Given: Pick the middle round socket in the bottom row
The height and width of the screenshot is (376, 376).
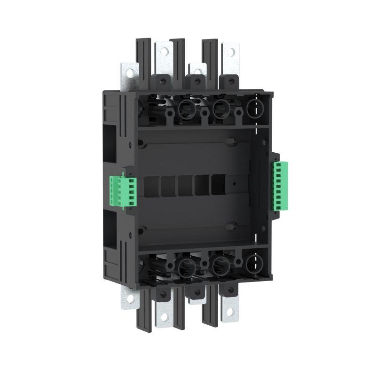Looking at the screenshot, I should tap(219, 266).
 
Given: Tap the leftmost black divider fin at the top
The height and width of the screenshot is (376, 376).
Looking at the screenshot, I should tap(142, 61).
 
